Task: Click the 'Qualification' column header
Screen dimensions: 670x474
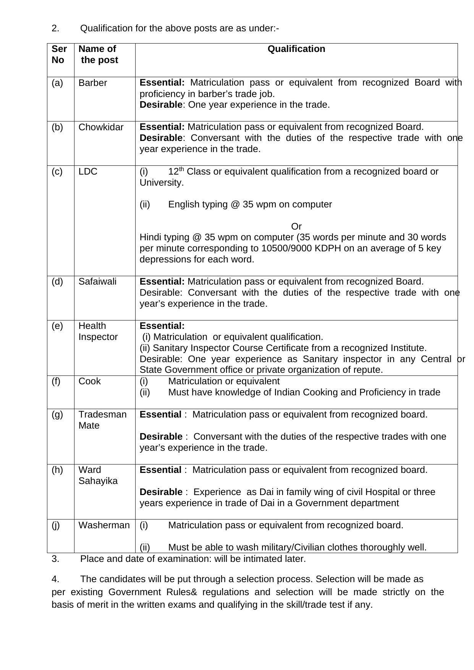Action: [x=296, y=49]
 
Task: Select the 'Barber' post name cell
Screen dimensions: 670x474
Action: [x=92, y=83]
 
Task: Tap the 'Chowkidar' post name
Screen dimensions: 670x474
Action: [x=101, y=127]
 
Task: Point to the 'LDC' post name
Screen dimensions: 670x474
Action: [x=88, y=172]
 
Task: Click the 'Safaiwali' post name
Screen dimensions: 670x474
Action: [x=97, y=282]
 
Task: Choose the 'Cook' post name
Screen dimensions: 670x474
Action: [x=89, y=381]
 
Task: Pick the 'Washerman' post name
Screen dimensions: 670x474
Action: [x=104, y=525]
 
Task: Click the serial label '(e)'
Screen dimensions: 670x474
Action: [x=57, y=326]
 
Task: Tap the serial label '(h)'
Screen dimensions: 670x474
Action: [x=57, y=470]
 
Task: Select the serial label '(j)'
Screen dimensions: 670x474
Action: [x=56, y=525]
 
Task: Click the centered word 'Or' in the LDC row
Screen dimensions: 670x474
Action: [x=296, y=227]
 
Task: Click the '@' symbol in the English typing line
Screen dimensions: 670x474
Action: [x=234, y=204]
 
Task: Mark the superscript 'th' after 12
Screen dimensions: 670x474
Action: [x=182, y=169]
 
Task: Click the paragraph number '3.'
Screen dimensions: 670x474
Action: [x=55, y=559]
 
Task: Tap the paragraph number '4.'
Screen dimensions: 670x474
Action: [x=55, y=579]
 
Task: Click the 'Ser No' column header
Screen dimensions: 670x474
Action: [x=59, y=54]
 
